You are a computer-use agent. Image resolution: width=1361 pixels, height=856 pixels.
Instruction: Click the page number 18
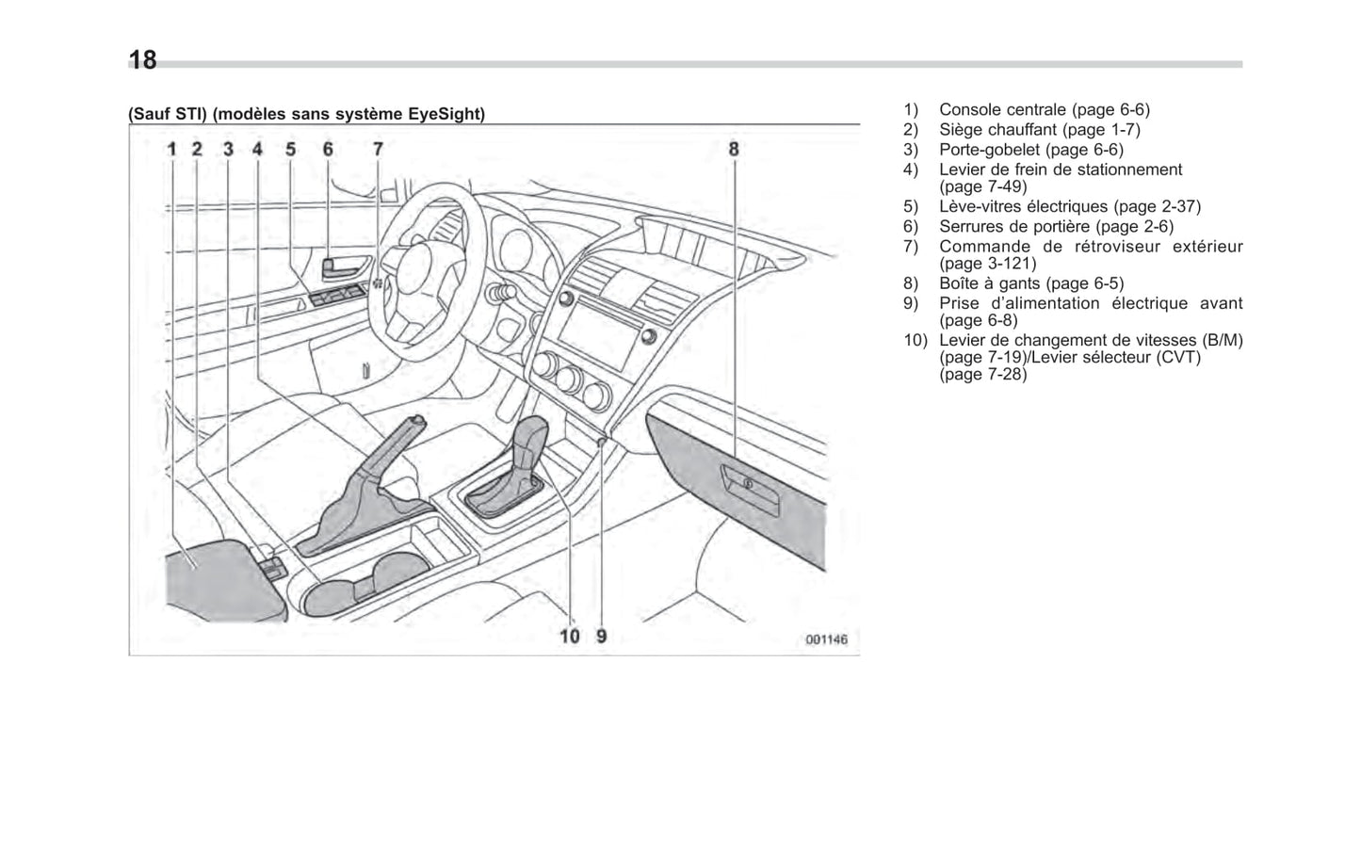tap(142, 61)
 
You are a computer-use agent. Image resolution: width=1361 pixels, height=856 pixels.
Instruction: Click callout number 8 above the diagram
tap(734, 149)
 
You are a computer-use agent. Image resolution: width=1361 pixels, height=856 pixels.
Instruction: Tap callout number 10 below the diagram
tap(570, 636)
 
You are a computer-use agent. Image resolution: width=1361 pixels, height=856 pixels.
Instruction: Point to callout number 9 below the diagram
tap(602, 636)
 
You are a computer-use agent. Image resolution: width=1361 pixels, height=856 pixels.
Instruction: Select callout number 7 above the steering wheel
tap(377, 149)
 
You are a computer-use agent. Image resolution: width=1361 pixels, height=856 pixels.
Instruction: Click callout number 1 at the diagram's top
tap(172, 149)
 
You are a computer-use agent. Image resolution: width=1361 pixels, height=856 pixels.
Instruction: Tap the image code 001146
tap(825, 639)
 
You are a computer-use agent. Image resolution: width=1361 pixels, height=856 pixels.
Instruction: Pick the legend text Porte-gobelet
tap(989, 150)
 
